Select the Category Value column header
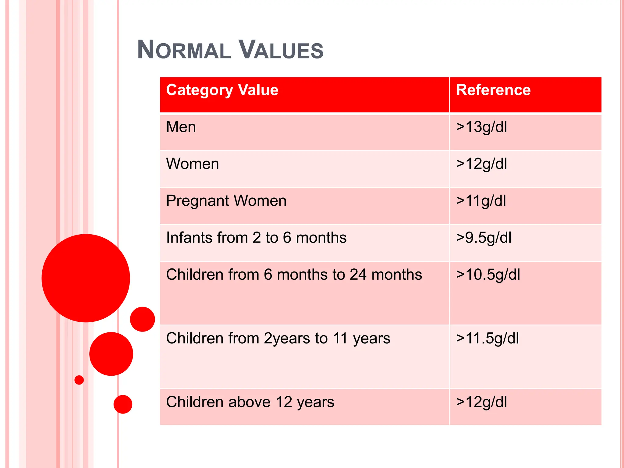(x=222, y=90)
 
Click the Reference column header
(x=493, y=90)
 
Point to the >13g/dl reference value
(x=481, y=127)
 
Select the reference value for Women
(x=481, y=164)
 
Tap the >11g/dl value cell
(x=481, y=201)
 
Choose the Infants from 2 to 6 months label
(x=256, y=238)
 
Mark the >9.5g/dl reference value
(x=484, y=238)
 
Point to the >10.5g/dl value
(x=488, y=275)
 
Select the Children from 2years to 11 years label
(x=278, y=339)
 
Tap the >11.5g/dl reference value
(x=487, y=339)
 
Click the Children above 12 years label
(x=250, y=402)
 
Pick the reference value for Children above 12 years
(x=481, y=402)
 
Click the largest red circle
(x=86, y=278)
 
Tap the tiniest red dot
(x=79, y=380)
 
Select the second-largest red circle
(x=111, y=354)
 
